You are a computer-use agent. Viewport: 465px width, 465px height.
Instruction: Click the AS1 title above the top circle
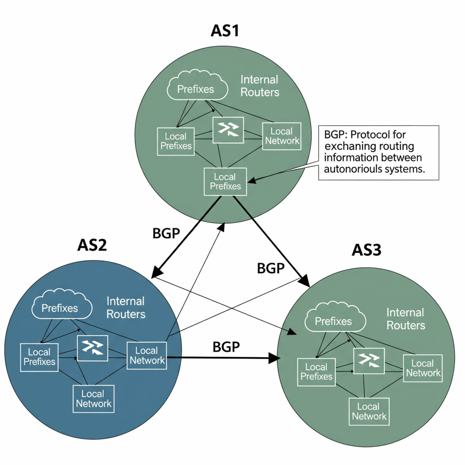click(x=225, y=31)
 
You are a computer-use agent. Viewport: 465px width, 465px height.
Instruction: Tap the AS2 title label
click(x=92, y=246)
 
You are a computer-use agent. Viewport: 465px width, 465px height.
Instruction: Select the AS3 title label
click(x=367, y=250)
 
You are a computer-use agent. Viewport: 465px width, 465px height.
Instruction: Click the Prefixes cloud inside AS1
click(x=196, y=88)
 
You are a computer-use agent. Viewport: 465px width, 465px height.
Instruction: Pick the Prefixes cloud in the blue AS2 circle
click(x=60, y=307)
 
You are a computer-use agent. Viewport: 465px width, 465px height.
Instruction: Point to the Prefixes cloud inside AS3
click(x=333, y=320)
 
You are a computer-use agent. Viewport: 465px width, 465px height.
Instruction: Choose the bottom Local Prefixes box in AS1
click(x=225, y=182)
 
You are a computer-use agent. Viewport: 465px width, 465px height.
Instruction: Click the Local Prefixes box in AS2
click(x=40, y=357)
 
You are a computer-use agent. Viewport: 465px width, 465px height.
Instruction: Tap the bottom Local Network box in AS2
click(x=94, y=399)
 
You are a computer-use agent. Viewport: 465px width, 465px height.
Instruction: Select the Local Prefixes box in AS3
click(x=317, y=372)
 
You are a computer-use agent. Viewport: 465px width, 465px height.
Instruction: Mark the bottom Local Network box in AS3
click(x=369, y=411)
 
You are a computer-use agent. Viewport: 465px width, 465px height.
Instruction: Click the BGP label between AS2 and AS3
click(x=226, y=347)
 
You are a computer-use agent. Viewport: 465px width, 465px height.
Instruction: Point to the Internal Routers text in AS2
click(x=126, y=307)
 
